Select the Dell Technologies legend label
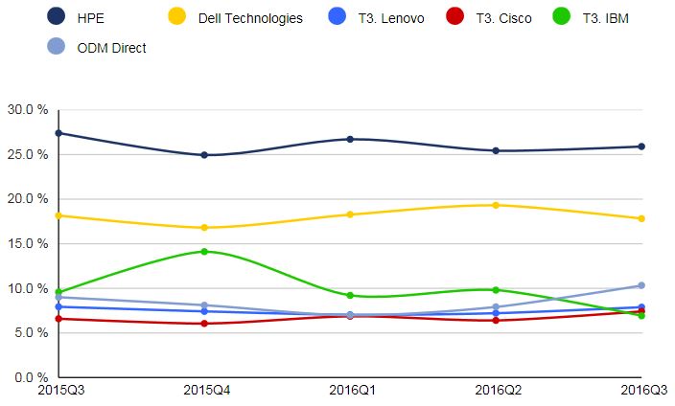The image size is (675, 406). [x=249, y=18]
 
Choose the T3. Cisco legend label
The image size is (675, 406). [x=526, y=18]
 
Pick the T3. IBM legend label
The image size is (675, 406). [x=631, y=18]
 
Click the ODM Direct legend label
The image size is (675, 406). [x=111, y=47]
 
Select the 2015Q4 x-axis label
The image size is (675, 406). [x=204, y=391]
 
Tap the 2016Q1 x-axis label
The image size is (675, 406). [x=350, y=391]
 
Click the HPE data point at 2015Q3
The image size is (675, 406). [x=59, y=133]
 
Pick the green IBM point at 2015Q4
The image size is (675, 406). [x=204, y=252]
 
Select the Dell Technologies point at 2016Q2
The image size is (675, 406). [x=496, y=205]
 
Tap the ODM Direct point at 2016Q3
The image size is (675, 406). [x=640, y=285]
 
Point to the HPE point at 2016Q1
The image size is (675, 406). [x=350, y=139]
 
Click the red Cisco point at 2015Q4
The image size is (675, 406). [x=204, y=324]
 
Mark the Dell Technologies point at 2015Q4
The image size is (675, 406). [x=204, y=228]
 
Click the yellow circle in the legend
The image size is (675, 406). [x=176, y=16]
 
